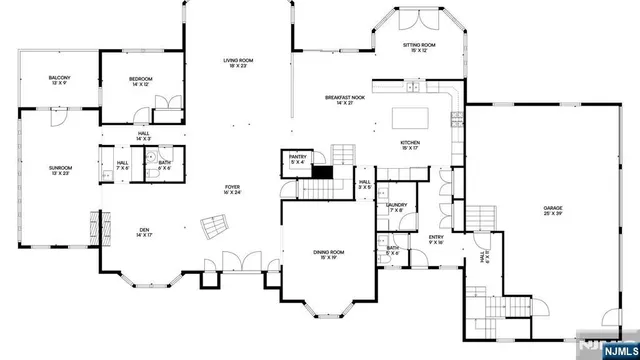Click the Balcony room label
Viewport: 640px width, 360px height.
(x=59, y=80)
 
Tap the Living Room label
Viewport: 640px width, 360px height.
(x=238, y=64)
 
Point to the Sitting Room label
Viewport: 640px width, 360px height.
(x=419, y=48)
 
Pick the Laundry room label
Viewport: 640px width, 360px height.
(x=395, y=207)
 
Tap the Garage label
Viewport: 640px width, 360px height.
(x=553, y=211)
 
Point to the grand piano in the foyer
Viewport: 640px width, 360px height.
(x=211, y=228)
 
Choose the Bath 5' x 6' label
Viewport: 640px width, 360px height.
(x=394, y=251)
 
